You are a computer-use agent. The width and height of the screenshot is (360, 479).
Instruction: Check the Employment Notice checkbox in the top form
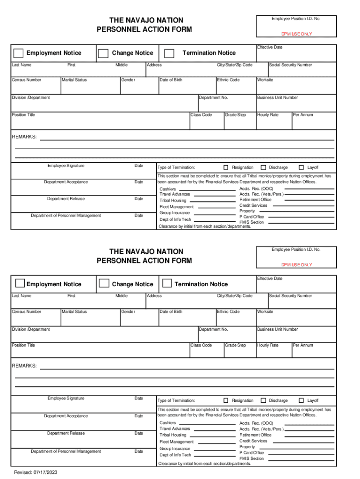pos(19,53)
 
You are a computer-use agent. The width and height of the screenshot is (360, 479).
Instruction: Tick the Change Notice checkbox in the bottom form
pos(104,283)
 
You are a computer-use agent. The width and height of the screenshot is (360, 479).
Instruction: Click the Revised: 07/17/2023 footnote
pos(36,472)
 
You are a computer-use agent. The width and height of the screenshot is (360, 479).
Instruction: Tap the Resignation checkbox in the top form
pos(226,167)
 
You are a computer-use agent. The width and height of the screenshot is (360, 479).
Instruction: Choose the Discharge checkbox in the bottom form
pos(263,400)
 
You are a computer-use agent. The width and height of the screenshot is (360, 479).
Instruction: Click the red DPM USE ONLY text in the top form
pos(296,34)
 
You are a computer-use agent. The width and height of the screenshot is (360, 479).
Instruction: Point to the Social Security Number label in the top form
pos(290,65)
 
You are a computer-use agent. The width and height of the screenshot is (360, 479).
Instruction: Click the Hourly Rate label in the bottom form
pos(267,345)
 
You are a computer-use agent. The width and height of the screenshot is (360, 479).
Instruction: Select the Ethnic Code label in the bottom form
pos(229,312)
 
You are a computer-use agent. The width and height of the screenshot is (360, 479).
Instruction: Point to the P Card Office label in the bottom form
pos(252,452)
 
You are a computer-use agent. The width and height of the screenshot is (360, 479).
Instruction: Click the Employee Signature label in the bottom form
pos(66,399)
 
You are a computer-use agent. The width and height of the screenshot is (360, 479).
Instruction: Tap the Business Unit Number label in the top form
pos(277,98)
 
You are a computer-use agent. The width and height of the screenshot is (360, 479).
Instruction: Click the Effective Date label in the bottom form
pos(270,279)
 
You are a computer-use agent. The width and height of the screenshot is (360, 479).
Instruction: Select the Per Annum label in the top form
pos(303,115)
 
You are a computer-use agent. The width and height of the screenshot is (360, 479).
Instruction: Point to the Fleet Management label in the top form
pos(176,207)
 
